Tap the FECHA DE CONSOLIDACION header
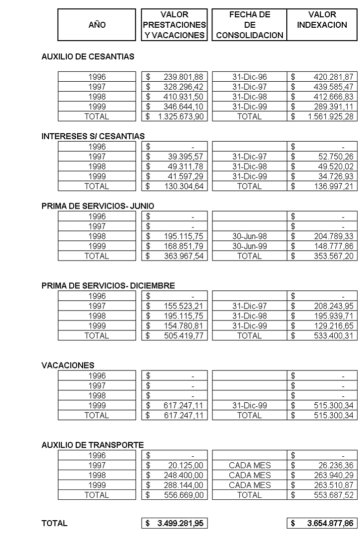250,25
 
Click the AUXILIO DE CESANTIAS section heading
88,57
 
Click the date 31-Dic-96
250,76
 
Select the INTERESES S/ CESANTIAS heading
89,136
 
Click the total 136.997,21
333,186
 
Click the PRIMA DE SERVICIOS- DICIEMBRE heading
107,286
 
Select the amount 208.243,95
333,306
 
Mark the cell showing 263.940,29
333,475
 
